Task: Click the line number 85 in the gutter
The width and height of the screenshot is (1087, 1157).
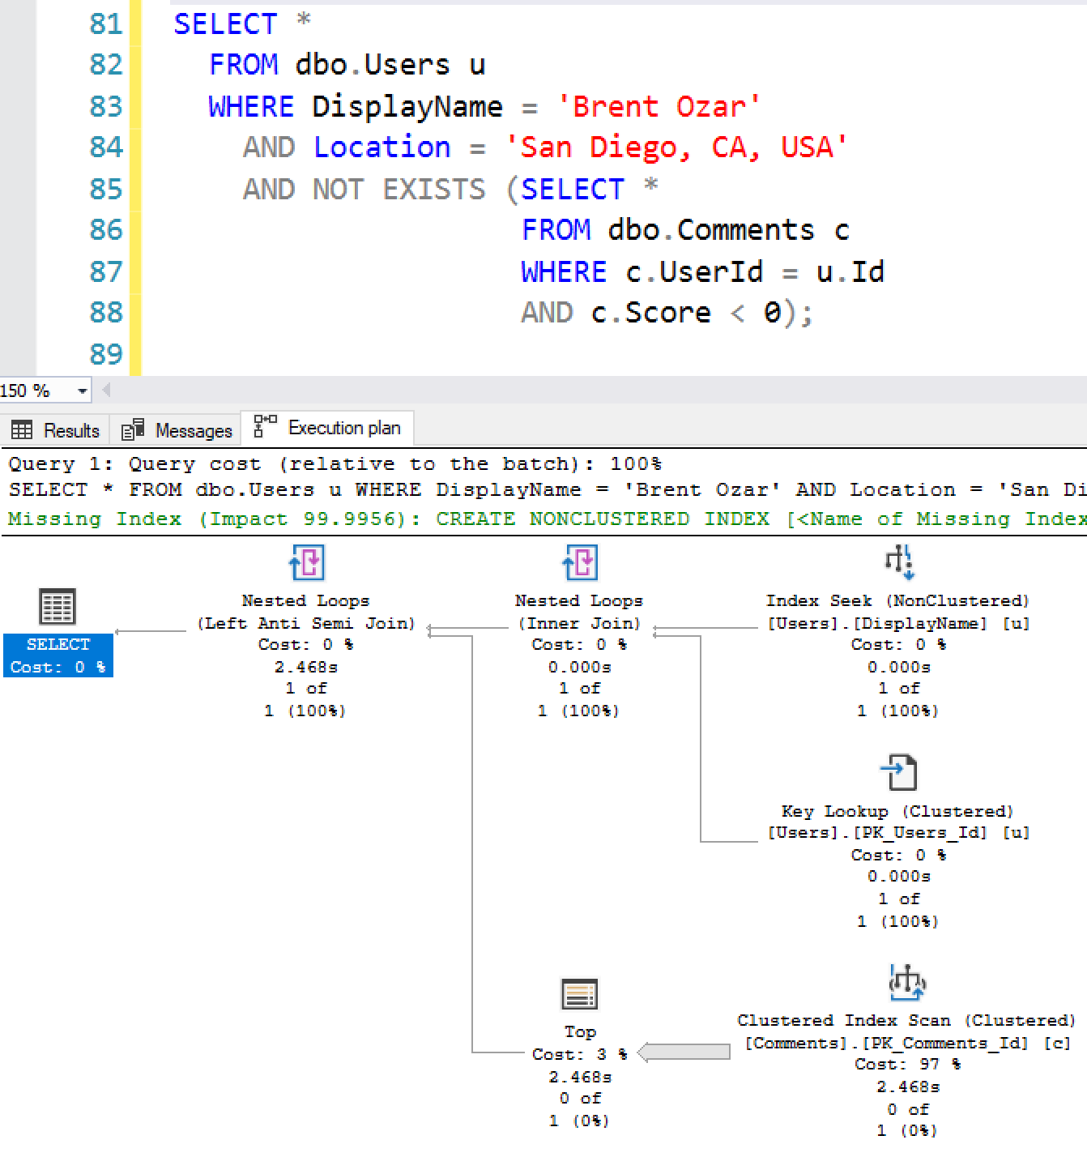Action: [x=105, y=189]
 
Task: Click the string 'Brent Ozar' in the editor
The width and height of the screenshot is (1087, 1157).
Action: [x=659, y=106]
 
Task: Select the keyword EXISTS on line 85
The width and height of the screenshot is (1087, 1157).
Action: [x=433, y=189]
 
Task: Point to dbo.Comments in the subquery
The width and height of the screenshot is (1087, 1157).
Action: [x=710, y=230]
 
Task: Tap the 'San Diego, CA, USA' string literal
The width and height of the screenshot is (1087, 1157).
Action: [x=676, y=147]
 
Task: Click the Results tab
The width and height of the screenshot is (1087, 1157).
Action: [x=57, y=429]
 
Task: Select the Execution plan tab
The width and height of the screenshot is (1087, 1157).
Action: [x=328, y=428]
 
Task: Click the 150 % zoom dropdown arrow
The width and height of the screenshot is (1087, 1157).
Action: [x=82, y=391]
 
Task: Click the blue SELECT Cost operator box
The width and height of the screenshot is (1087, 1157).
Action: [x=58, y=655]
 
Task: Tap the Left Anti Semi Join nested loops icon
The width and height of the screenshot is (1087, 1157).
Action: [x=306, y=561]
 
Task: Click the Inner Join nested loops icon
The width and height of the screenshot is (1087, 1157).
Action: [x=580, y=561]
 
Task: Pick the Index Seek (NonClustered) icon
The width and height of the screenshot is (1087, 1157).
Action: [x=899, y=561]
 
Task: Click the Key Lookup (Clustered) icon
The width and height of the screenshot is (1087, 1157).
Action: [x=899, y=772]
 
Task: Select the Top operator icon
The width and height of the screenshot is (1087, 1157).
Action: [x=579, y=994]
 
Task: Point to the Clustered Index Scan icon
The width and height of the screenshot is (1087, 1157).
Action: [x=908, y=982]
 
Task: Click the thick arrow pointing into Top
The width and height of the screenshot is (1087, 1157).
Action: [x=684, y=1052]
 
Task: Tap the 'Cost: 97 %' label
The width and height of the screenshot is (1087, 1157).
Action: [x=907, y=1064]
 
